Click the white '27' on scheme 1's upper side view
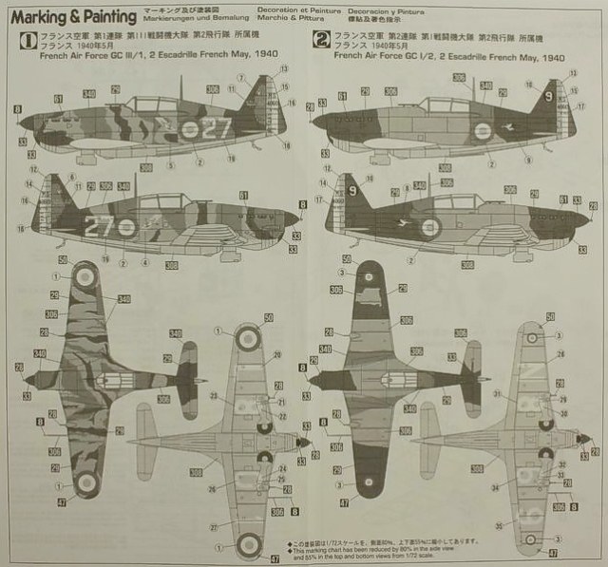click(218, 128)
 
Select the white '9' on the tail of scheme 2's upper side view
click(547, 96)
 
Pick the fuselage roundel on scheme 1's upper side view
click(190, 130)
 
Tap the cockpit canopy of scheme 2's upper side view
click(446, 106)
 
